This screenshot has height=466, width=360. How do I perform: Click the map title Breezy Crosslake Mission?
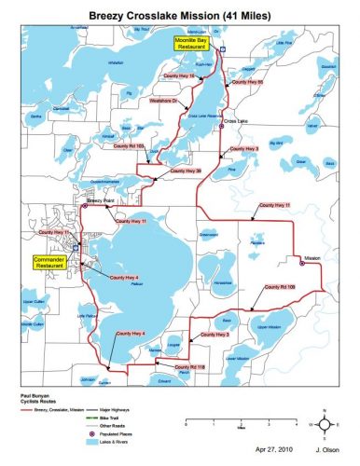[179, 12]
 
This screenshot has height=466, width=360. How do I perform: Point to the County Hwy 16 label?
[181, 74]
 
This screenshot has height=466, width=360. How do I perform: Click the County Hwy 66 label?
[247, 82]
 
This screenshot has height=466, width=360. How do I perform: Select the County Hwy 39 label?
[187, 171]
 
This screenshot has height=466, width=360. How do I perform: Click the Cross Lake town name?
[235, 120]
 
